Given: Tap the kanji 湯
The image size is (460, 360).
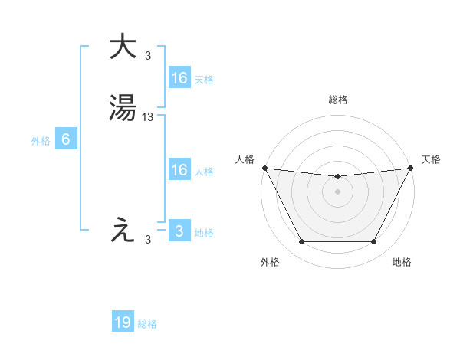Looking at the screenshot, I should point(123,109).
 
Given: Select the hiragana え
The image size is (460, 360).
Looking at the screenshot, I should point(123,230).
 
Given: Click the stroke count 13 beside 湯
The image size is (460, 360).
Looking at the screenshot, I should point(148,116).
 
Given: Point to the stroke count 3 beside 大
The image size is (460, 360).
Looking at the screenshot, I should point(148,55).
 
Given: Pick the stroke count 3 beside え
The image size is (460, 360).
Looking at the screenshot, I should point(148,240).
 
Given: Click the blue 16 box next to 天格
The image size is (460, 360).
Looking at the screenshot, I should point(179,78).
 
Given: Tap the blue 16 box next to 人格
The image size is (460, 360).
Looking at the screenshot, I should point(179,170).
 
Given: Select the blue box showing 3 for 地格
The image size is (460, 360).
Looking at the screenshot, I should point(179,231).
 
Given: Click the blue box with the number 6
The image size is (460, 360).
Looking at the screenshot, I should point(66,139).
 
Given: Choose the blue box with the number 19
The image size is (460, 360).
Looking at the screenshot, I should point(123,323).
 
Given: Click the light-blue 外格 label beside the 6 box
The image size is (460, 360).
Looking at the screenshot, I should point(41,140).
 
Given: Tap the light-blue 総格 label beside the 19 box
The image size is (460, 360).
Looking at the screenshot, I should point(147,324).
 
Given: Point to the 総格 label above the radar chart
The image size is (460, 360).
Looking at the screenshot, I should point(337,100).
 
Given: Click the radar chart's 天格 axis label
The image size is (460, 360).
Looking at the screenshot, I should point(431,159).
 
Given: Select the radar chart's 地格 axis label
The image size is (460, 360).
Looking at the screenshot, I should point(402,262).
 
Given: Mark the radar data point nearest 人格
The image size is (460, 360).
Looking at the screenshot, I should point(264,168).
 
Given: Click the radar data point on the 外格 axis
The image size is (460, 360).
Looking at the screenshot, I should point(301,242).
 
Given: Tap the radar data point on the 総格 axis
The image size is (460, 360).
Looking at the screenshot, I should point(337,177).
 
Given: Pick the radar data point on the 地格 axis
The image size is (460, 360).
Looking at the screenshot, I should point(373,242).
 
